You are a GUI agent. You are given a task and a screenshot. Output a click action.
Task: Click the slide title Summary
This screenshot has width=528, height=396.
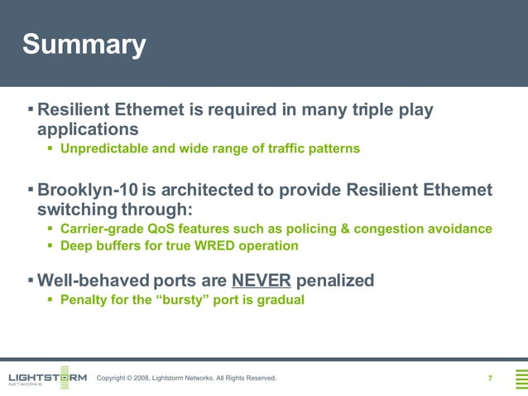coord(84,45)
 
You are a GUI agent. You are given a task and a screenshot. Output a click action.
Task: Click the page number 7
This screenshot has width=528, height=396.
coord(490,379)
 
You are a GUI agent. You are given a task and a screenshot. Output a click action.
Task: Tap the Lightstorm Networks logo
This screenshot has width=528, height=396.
coord(47,378)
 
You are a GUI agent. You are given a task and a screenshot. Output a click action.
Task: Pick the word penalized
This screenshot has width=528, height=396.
coord(334,280)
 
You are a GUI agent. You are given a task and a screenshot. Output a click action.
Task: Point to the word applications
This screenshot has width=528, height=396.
coord(88,129)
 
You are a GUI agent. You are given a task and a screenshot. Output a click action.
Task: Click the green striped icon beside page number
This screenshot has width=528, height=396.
coord(521,379)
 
